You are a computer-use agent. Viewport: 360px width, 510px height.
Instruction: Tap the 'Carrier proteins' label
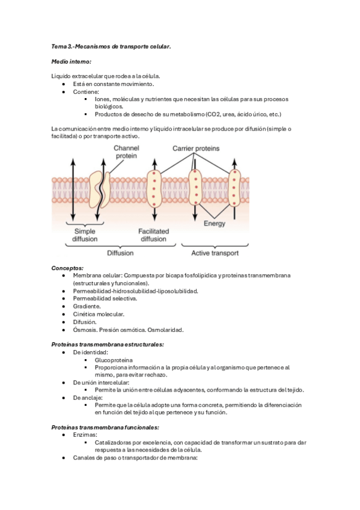click(x=196, y=148)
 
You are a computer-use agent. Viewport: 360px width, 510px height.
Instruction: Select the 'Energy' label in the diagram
click(x=215, y=224)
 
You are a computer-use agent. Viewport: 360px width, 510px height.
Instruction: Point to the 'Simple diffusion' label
click(x=85, y=235)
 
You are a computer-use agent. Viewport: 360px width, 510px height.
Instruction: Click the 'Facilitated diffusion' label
click(x=153, y=235)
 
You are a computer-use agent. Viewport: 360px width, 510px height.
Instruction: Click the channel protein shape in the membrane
click(x=99, y=188)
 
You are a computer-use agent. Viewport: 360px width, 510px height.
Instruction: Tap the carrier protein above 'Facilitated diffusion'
click(x=154, y=188)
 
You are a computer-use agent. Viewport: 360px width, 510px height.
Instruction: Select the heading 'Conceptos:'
click(x=67, y=268)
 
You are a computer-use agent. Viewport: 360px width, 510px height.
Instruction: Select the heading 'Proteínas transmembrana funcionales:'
click(x=105, y=427)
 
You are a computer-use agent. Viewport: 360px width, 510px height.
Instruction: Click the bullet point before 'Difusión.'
click(x=64, y=322)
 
